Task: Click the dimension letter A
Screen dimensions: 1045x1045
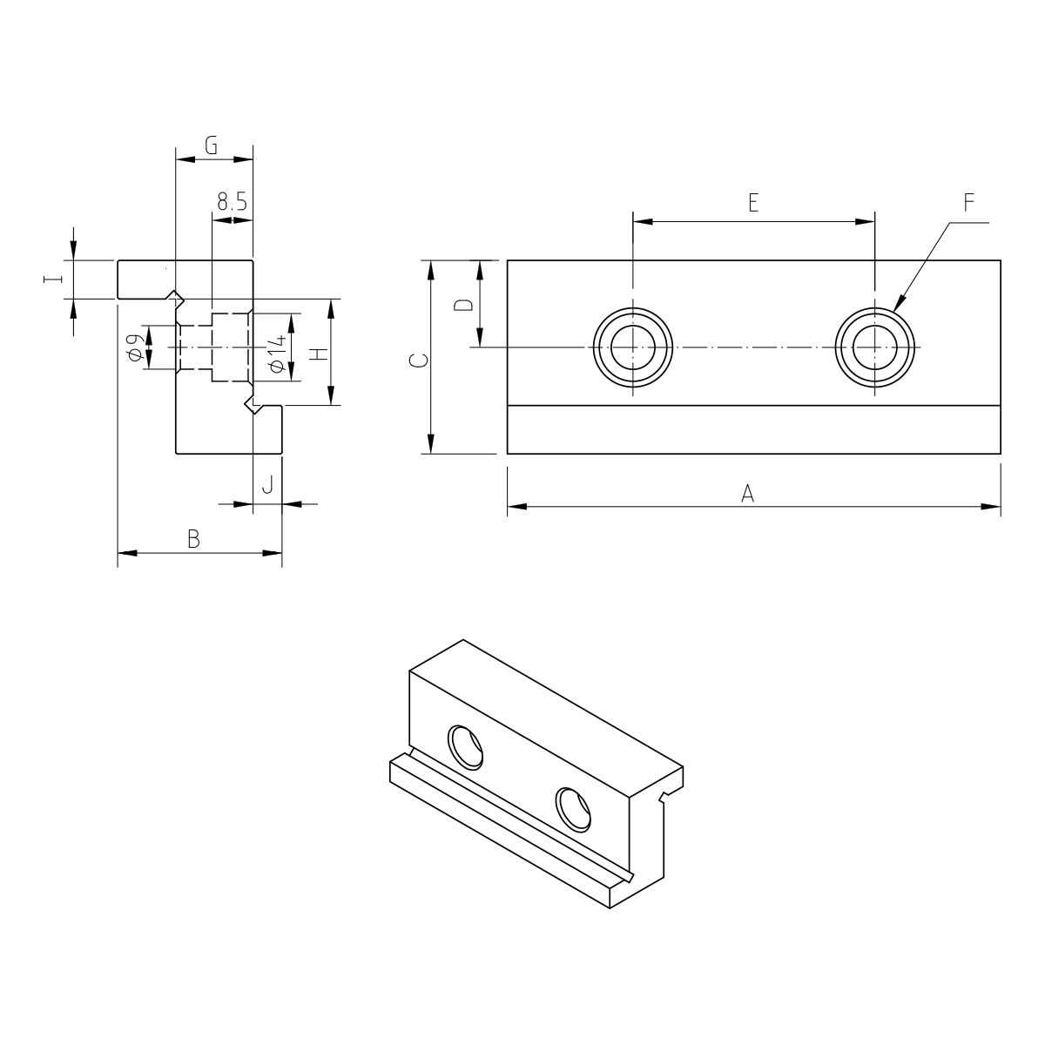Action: coord(747,494)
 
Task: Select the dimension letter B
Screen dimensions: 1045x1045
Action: coord(193,540)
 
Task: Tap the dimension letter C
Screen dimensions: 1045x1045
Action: coord(418,360)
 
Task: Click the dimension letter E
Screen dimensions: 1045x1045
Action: coord(752,202)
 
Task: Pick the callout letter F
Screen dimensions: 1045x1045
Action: coord(969,202)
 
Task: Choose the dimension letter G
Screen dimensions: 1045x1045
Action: coord(211,145)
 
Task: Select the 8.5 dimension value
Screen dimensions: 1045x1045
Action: coord(233,202)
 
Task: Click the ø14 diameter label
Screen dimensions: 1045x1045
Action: coord(277,354)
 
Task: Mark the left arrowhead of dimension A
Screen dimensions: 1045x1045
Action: coord(517,507)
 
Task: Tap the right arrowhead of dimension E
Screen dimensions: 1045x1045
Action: coord(865,222)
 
